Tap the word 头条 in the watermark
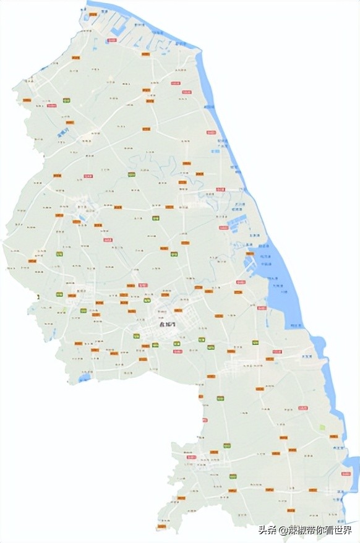[267, 530]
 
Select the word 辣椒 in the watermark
[296, 530]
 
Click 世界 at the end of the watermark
[343, 530]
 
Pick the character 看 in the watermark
[328, 530]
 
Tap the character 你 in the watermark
[318, 530]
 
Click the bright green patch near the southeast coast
[322, 427]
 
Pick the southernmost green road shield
[233, 476]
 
